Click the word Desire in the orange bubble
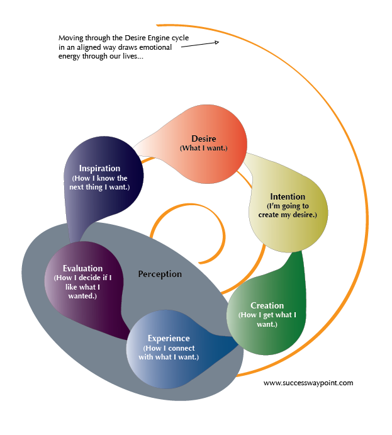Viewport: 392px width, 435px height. [203, 138]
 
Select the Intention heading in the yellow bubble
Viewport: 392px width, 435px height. [288, 196]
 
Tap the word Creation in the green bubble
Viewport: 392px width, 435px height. [267, 305]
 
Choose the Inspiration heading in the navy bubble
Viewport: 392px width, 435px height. [99, 169]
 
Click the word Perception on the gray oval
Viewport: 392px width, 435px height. [160, 274]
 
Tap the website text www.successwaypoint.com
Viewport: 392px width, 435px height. [308, 382]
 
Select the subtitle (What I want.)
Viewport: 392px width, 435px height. [203, 148]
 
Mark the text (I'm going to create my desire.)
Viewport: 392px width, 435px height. [288, 210]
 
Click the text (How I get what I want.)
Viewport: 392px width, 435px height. [267, 319]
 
